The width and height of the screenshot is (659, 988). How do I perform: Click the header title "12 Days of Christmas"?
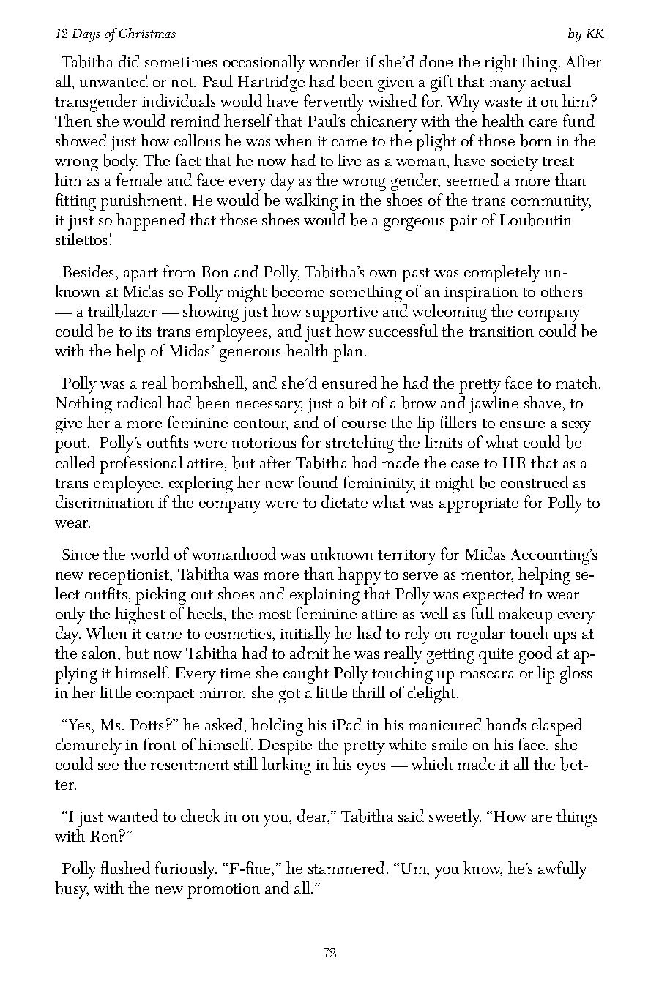coord(116,34)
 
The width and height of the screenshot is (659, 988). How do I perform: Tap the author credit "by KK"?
coord(586,34)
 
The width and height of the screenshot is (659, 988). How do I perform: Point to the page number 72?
coord(329,953)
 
